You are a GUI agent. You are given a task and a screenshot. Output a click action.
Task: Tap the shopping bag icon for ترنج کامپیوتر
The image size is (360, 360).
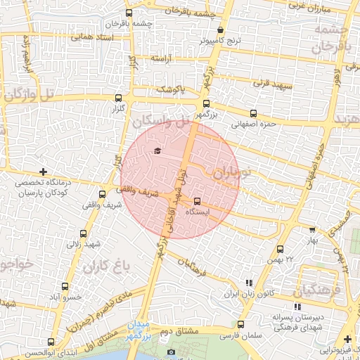[221, 30]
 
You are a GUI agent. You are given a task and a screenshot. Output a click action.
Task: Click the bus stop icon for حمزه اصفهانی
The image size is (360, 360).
[253, 113]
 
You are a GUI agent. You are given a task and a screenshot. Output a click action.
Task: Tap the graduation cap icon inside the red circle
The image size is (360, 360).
[157, 150]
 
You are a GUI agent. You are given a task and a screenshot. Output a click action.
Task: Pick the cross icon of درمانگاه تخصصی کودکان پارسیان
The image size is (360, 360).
[44, 172]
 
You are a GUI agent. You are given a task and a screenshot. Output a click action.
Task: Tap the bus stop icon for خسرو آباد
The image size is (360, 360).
[65, 286]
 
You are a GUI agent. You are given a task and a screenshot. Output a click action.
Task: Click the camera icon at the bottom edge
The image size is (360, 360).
[171, 352]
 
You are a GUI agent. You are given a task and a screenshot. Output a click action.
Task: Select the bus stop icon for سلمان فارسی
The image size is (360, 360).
[240, 325]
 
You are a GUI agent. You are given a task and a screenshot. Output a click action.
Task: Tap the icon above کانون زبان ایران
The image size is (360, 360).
[247, 283]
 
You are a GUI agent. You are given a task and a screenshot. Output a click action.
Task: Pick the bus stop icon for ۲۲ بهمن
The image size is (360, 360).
[281, 249]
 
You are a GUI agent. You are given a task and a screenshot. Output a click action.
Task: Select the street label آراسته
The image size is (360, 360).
[161, 60]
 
